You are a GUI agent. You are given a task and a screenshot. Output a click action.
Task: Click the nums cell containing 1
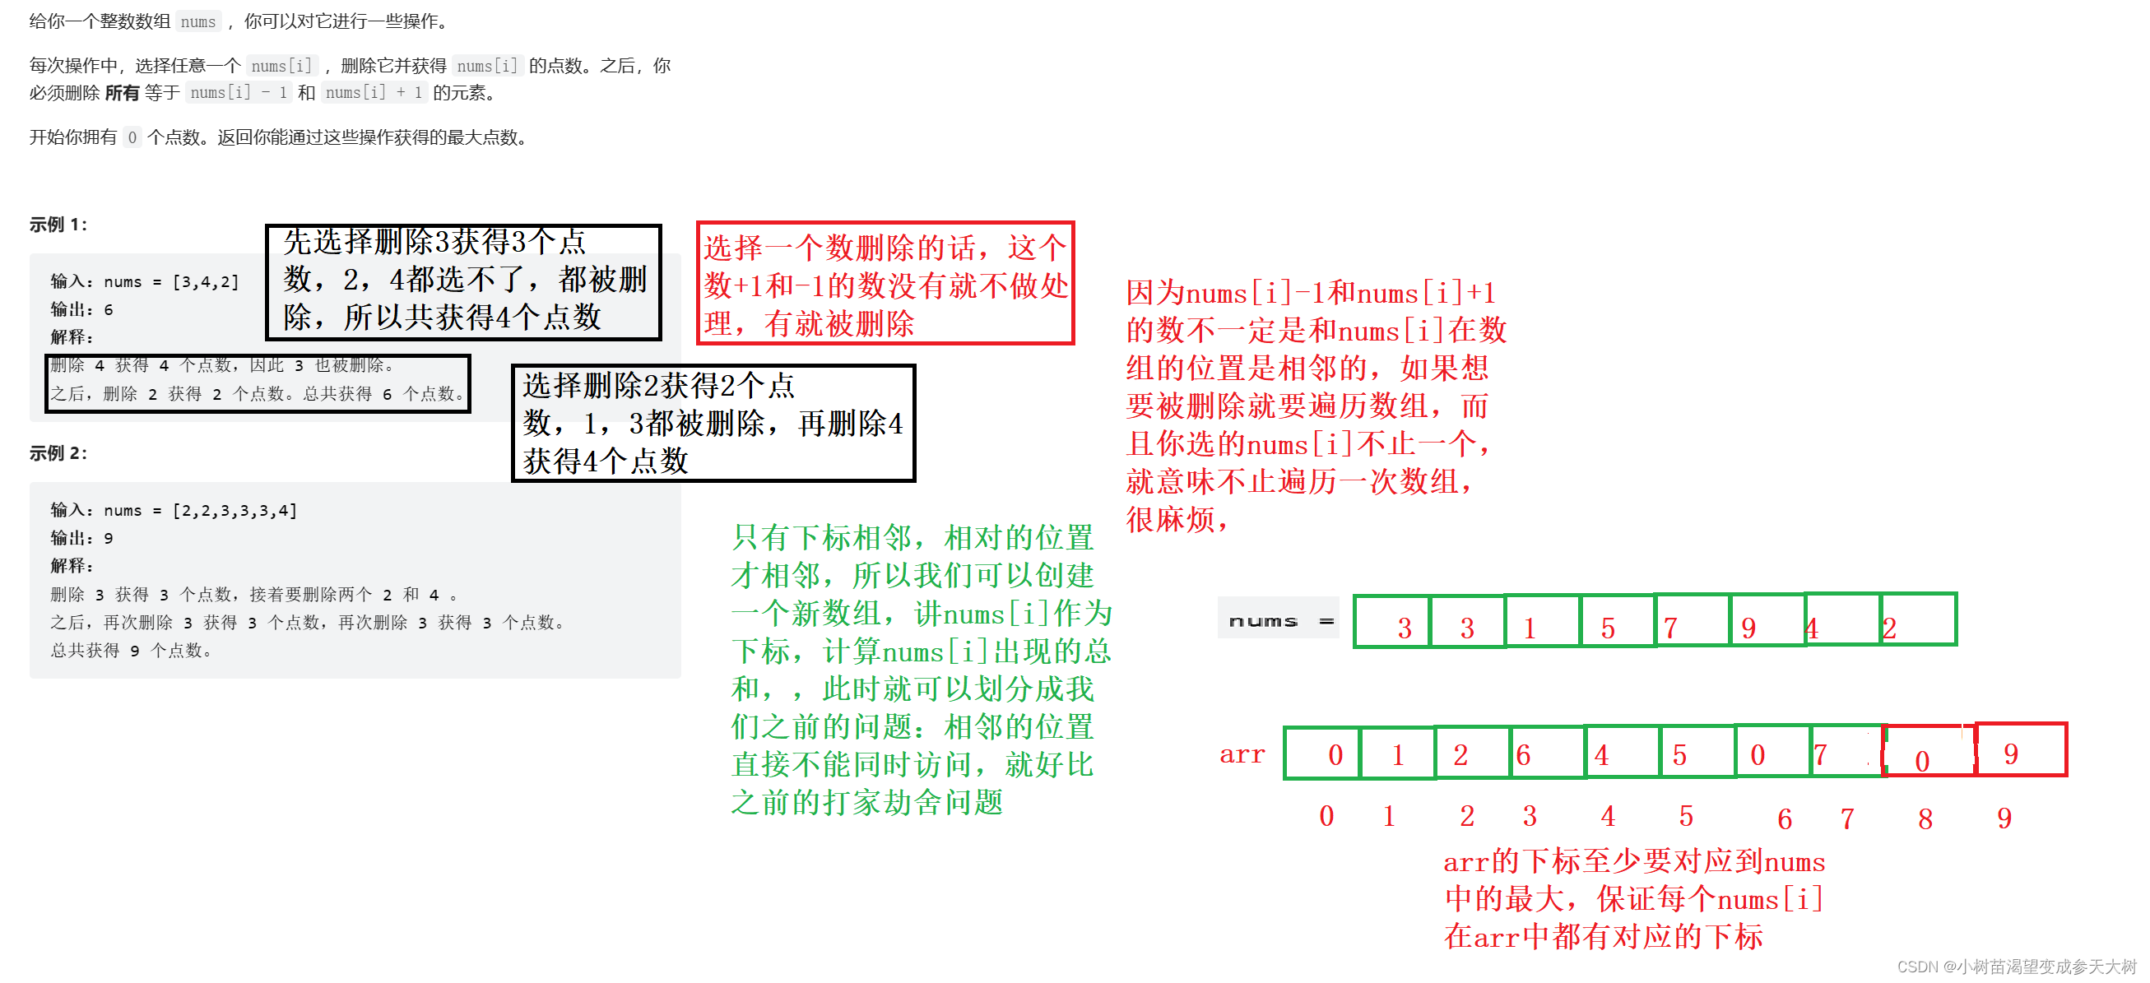(1543, 621)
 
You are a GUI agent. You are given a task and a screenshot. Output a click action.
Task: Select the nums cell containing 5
(1618, 621)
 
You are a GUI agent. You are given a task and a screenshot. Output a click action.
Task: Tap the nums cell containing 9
(1767, 621)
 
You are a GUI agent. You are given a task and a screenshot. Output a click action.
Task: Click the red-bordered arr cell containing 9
(2021, 751)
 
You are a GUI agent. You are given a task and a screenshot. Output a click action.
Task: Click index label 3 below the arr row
(1529, 816)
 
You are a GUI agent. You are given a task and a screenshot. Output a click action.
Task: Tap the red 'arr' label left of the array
(1242, 754)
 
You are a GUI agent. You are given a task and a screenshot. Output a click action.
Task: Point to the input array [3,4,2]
(206, 282)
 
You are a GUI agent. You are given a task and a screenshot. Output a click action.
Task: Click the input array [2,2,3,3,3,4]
(235, 511)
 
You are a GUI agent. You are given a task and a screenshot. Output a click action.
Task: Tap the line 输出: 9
(81, 538)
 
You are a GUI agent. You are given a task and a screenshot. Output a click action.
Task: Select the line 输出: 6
(81, 309)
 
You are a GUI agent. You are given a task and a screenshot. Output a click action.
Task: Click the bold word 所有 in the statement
(122, 93)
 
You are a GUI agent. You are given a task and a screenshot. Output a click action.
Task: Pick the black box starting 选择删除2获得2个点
(713, 423)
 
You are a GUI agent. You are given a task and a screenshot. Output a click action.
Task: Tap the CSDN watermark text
(2016, 967)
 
